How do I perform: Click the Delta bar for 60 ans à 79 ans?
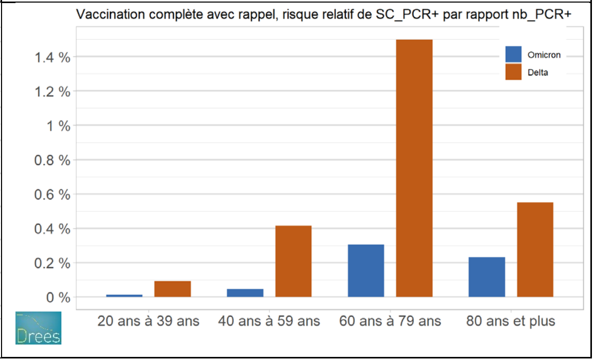pyautogui.click(x=414, y=168)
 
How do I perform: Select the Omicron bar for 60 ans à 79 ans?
pyautogui.click(x=366, y=271)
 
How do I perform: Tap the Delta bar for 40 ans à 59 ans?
pyautogui.click(x=293, y=261)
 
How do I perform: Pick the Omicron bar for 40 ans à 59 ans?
pyautogui.click(x=245, y=293)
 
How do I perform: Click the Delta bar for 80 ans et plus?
pyautogui.click(x=535, y=250)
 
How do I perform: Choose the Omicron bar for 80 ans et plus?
pyautogui.click(x=487, y=277)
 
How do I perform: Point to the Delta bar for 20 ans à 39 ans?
pyautogui.click(x=172, y=289)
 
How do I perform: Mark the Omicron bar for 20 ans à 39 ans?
pyautogui.click(x=124, y=296)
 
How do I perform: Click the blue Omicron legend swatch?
pyautogui.click(x=513, y=54)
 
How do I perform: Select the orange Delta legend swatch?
pyautogui.click(x=513, y=72)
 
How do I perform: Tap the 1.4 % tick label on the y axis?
pyautogui.click(x=52, y=57)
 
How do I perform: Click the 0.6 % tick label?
pyautogui.click(x=52, y=195)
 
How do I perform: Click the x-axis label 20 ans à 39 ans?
pyautogui.click(x=149, y=321)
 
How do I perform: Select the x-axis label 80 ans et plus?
pyautogui.click(x=510, y=321)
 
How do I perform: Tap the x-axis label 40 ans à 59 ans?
pyautogui.click(x=269, y=321)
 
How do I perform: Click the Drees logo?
pyautogui.click(x=38, y=328)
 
